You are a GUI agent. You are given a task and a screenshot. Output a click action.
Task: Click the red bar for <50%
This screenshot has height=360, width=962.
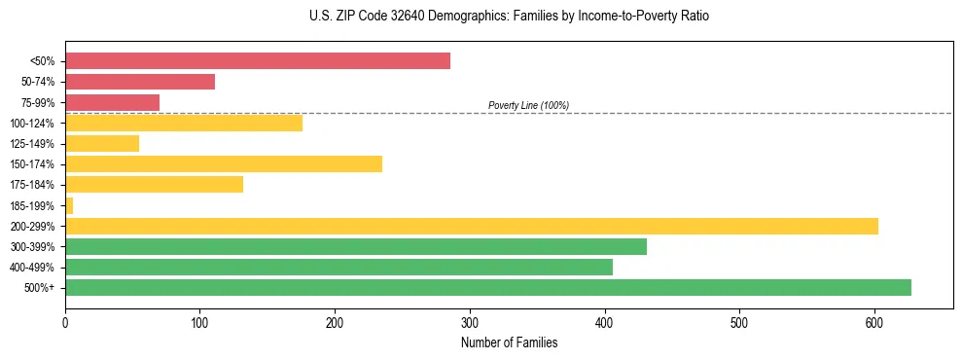[x=258, y=61]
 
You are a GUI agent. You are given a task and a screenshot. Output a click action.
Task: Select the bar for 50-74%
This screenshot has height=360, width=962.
[x=140, y=82]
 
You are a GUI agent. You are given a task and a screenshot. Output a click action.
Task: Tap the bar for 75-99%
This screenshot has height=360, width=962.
[x=112, y=102]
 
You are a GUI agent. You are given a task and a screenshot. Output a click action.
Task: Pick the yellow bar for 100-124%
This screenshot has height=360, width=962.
[x=184, y=123]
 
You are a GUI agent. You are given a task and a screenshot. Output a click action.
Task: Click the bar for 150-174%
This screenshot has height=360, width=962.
[x=224, y=163]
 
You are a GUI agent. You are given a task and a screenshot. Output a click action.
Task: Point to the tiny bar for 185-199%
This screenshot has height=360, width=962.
[x=69, y=205]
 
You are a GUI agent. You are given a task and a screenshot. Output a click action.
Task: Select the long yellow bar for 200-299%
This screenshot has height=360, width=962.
[x=472, y=226]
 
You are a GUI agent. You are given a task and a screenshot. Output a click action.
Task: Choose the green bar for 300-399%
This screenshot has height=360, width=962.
[x=356, y=246]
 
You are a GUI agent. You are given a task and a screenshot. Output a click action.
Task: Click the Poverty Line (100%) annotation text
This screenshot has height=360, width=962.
[x=528, y=105]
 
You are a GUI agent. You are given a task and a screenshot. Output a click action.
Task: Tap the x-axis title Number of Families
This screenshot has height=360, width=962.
[x=509, y=342]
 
